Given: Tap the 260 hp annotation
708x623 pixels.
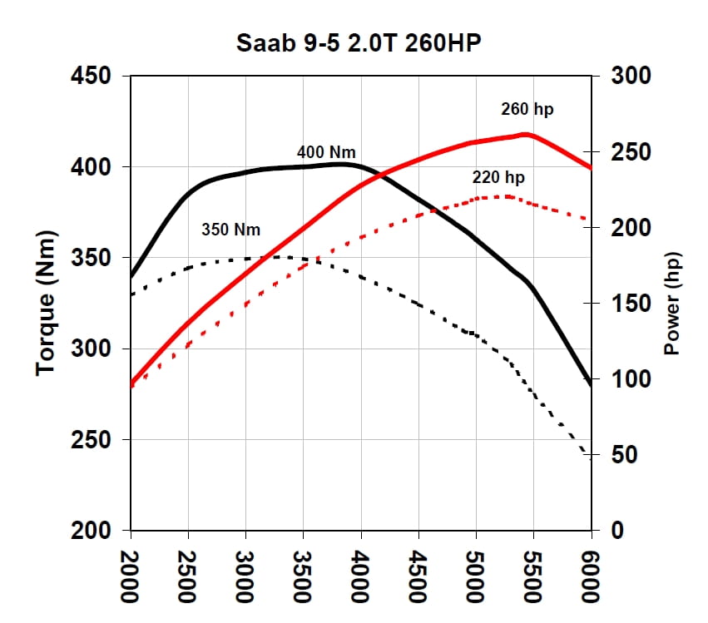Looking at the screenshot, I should [527, 109].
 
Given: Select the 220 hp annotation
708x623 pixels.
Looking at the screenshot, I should [498, 177].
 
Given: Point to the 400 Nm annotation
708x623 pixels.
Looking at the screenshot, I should [326, 152].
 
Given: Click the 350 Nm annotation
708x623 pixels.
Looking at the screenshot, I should [230, 229].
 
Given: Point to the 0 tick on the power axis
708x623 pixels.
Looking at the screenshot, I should [617, 531].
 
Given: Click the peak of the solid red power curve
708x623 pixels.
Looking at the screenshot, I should [527, 134].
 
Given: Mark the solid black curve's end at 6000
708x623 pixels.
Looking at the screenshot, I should [591, 385].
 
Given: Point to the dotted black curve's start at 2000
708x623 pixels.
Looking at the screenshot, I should [131, 294].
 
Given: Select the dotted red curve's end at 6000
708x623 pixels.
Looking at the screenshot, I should [590, 220].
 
